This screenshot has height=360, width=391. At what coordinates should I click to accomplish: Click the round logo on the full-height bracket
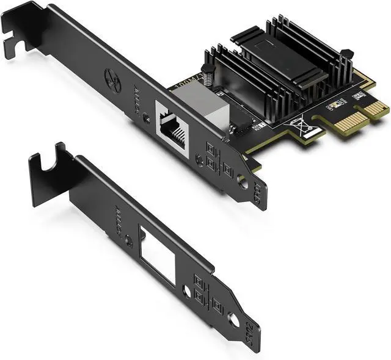(x=113, y=80)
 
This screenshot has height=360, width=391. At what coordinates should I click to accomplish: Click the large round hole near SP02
(x=234, y=318)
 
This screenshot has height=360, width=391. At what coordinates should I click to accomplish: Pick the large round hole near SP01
(x=243, y=181)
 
